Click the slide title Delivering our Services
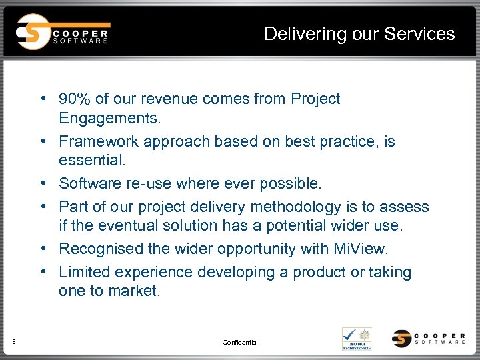(359, 33)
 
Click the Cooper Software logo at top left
(63, 32)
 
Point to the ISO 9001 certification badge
(357, 338)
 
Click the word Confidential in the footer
(240, 343)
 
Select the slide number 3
(14, 343)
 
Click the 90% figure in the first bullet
(75, 99)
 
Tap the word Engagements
(109, 119)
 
